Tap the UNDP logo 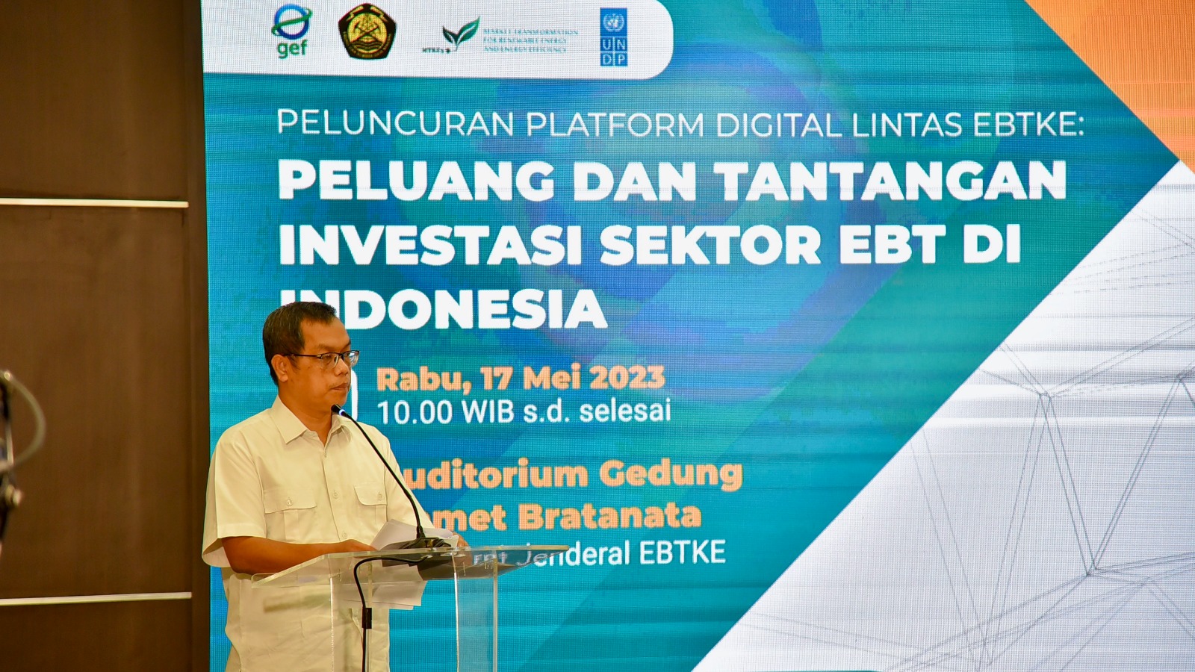click(x=613, y=37)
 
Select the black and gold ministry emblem click(x=367, y=31)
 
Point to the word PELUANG click(x=415, y=181)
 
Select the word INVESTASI click(x=430, y=246)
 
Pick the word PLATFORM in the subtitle click(x=615, y=124)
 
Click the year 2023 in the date click(x=627, y=379)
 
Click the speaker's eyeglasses click(x=326, y=359)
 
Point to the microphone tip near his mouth click(x=339, y=411)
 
